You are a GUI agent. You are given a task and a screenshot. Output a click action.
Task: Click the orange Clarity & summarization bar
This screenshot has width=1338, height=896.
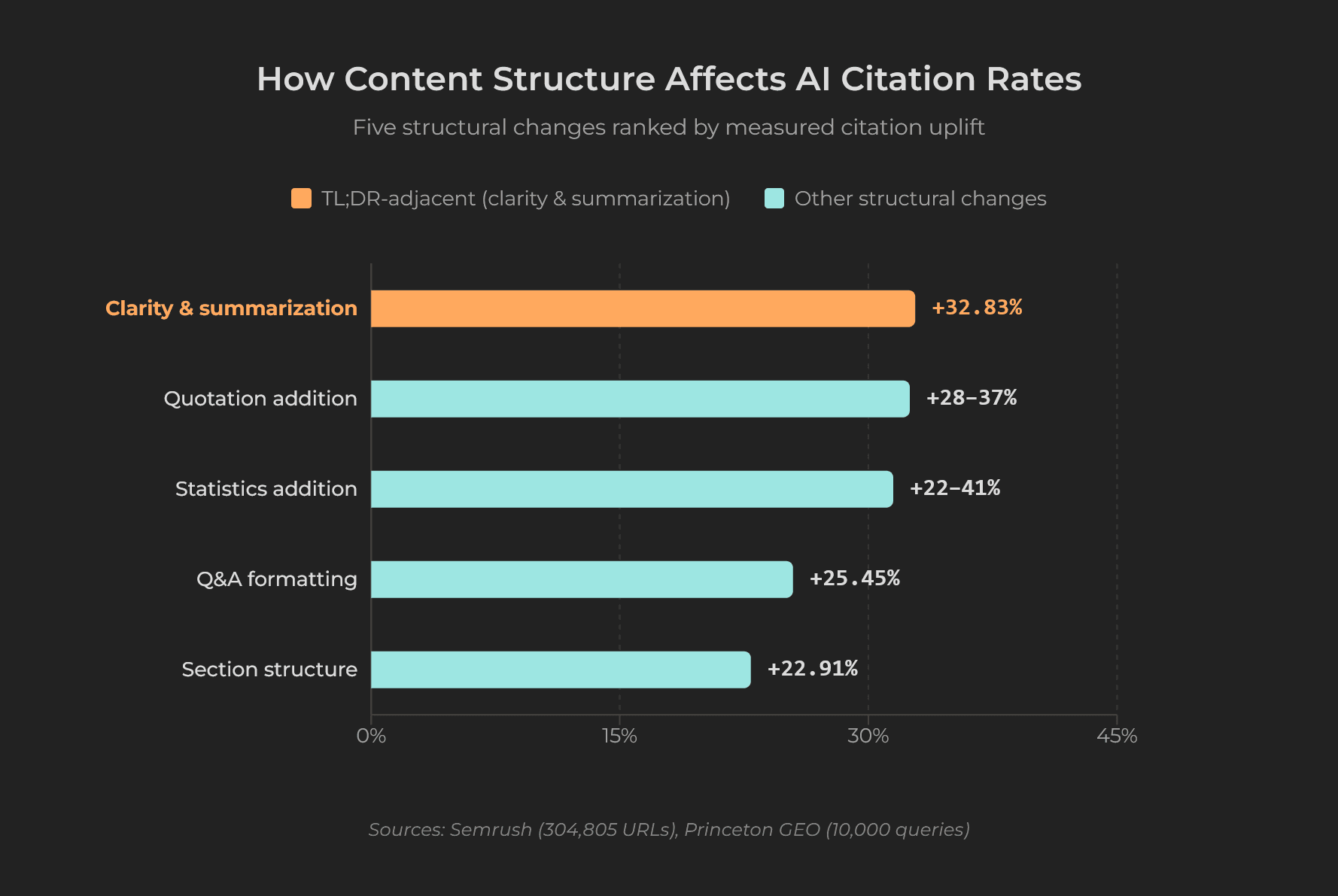(643, 308)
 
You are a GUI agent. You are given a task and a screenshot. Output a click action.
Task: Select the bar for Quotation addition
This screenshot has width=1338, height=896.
(640, 399)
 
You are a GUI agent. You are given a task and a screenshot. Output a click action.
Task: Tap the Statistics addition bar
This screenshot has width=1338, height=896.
(631, 489)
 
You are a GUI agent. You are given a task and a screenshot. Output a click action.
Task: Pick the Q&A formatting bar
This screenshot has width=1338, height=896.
(582, 579)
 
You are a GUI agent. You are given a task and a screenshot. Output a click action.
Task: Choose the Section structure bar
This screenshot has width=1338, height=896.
(561, 670)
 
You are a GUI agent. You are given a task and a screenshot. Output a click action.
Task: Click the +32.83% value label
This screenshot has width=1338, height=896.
(976, 308)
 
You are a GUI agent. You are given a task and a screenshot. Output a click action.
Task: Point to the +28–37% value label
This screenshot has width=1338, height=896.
(971, 398)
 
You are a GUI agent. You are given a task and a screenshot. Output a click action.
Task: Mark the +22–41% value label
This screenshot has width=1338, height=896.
(954, 488)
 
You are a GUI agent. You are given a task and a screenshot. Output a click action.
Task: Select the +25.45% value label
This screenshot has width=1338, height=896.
(854, 579)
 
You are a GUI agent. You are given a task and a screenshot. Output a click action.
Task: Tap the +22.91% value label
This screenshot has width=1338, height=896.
(812, 669)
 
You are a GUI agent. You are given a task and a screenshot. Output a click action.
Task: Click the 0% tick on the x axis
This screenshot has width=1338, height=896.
(371, 736)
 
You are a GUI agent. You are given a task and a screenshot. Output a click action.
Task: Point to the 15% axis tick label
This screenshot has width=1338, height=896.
(619, 736)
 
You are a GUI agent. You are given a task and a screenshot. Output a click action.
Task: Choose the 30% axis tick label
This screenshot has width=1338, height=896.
(868, 736)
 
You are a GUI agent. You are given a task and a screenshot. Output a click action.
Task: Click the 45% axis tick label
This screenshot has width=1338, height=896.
(1116, 736)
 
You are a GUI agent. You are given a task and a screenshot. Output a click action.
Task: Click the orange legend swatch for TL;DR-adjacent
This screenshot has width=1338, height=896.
(301, 199)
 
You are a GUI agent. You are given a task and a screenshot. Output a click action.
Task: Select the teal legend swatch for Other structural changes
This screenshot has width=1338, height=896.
(774, 199)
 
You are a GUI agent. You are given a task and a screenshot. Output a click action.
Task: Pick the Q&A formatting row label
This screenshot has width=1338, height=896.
(276, 579)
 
